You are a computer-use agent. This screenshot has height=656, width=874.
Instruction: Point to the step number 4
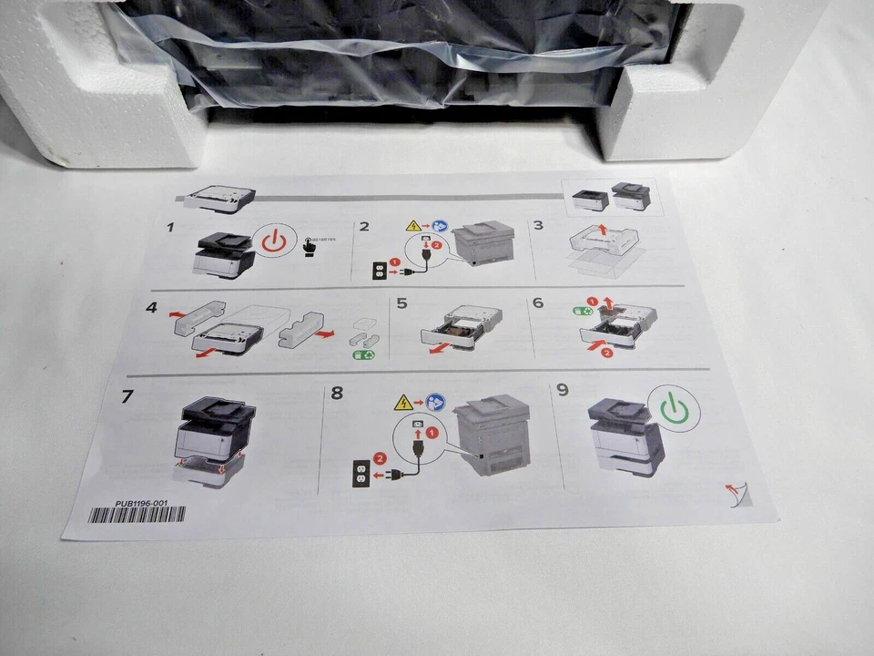pos(151,308)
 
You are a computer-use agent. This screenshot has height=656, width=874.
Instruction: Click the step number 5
pos(401,307)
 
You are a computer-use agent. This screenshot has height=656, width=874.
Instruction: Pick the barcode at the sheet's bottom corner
pos(136,514)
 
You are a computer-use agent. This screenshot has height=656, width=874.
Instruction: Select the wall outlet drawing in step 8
pos(360,472)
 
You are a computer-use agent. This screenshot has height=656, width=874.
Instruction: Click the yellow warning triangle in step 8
pos(401,401)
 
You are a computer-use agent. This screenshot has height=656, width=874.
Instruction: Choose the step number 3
pos(538,224)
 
